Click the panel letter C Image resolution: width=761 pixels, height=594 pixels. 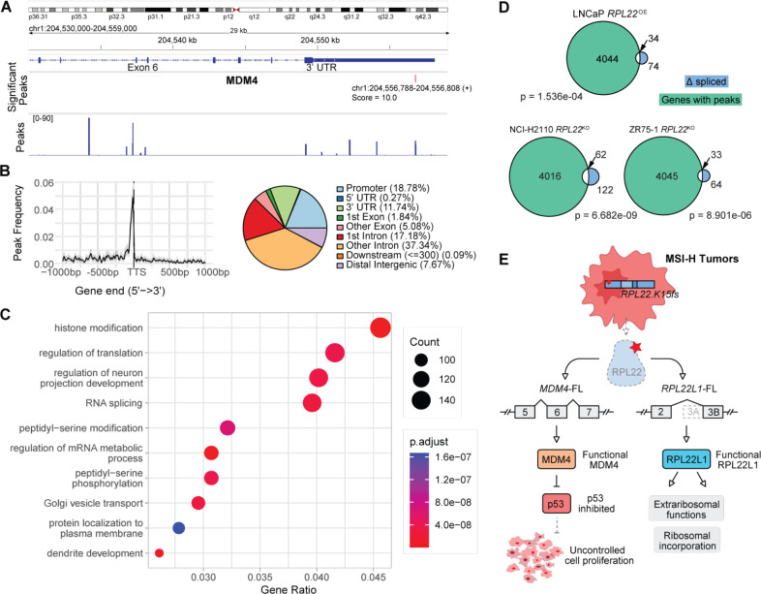point(8,313)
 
